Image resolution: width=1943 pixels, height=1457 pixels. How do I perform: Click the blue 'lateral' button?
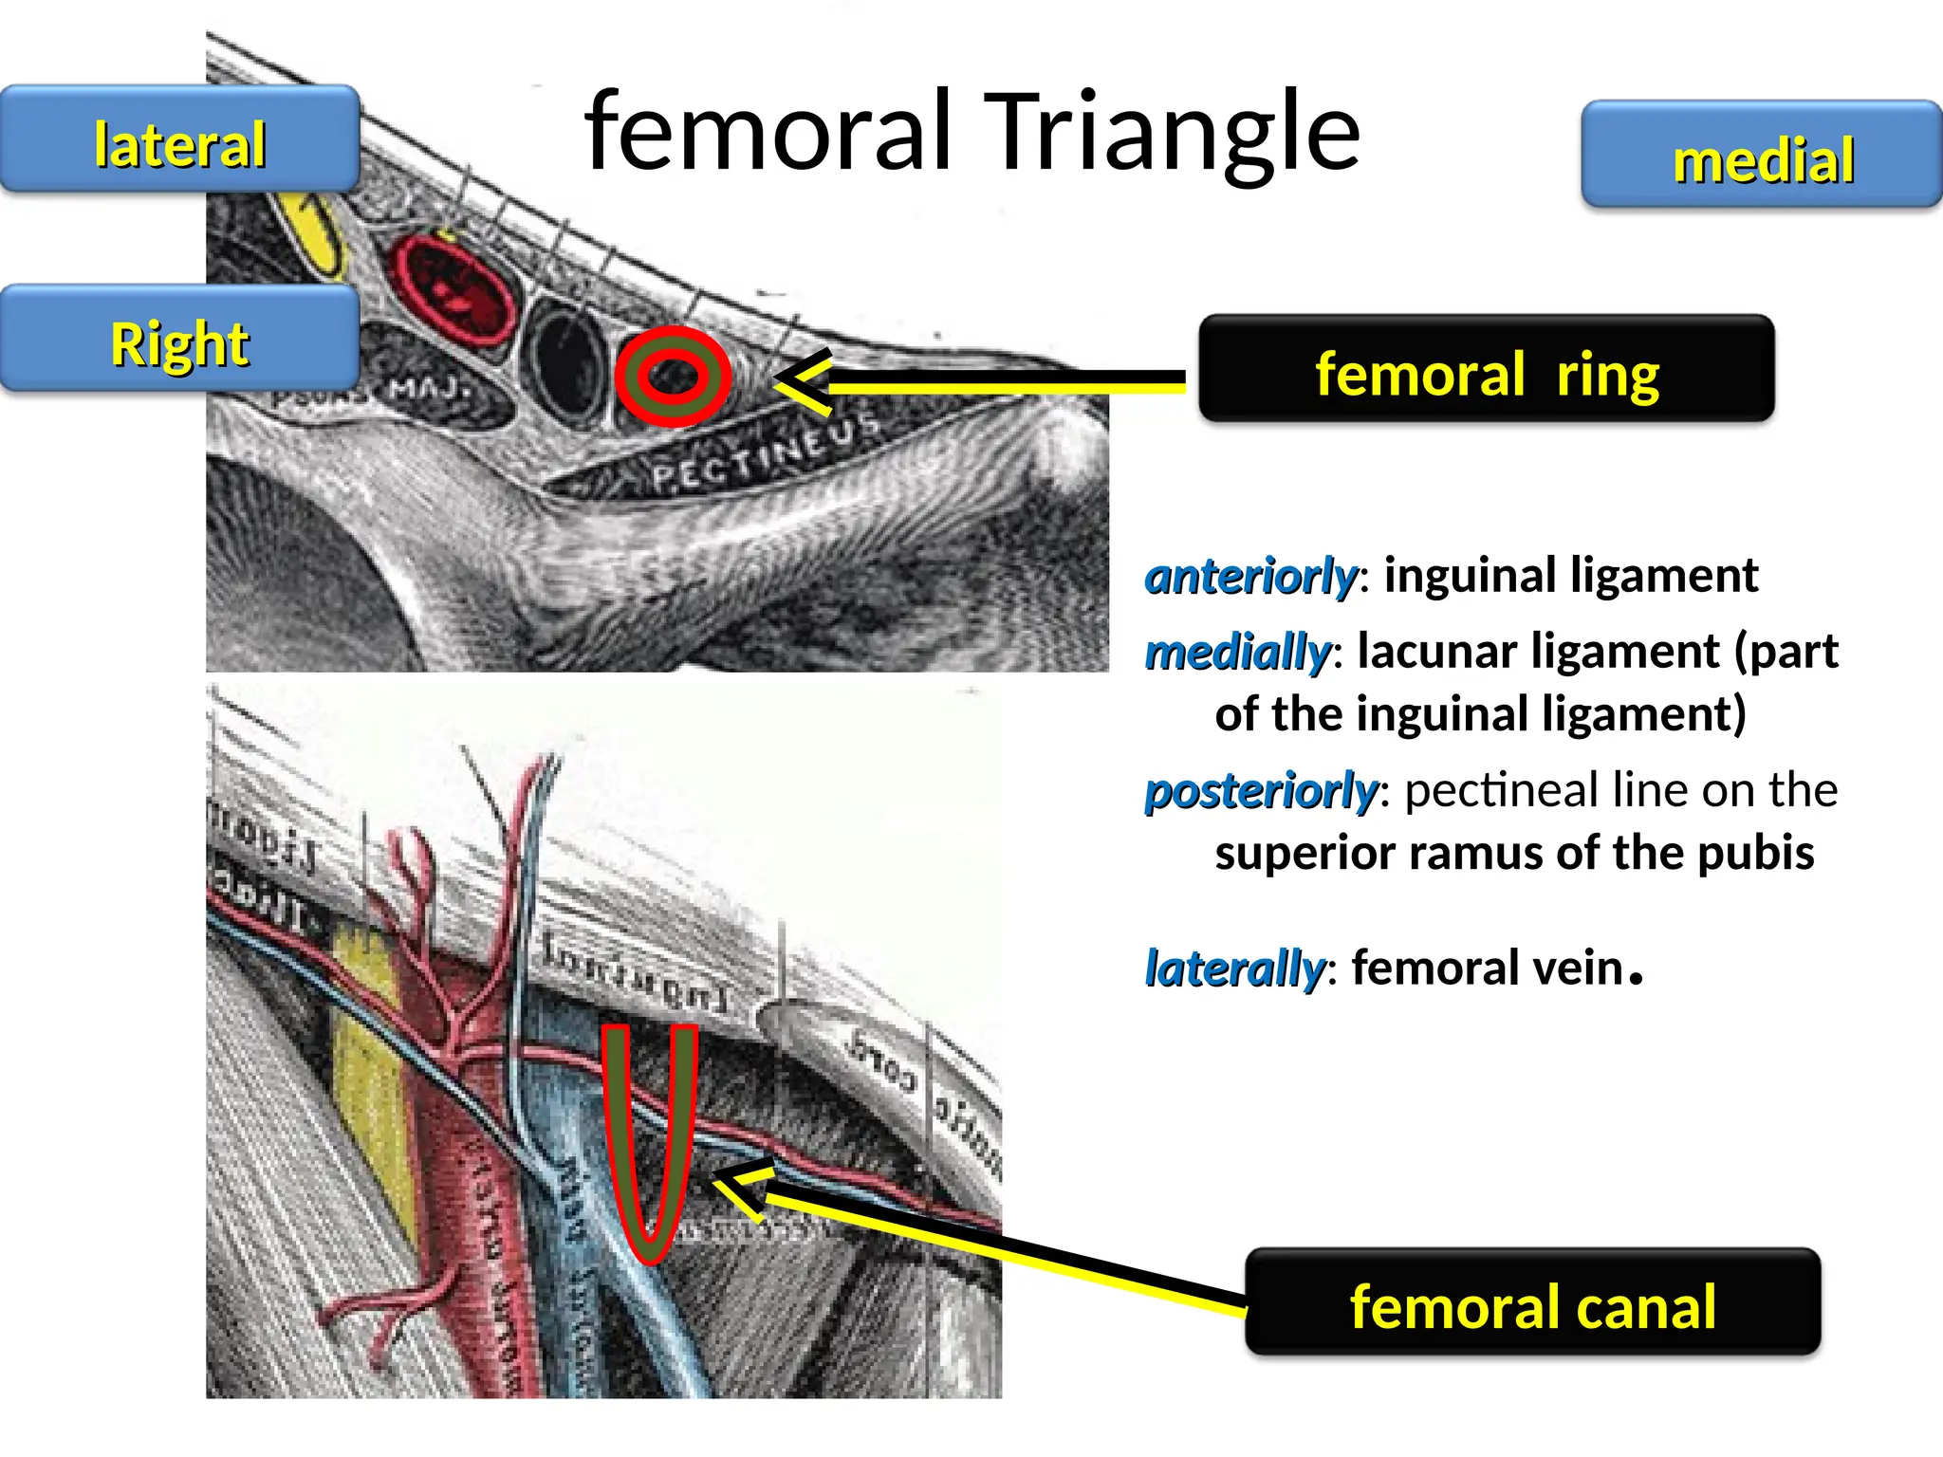179,139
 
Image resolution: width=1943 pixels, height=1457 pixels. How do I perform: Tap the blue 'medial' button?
1762,156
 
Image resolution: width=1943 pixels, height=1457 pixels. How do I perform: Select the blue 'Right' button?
179,339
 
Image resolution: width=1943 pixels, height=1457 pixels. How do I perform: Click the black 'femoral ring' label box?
1486,370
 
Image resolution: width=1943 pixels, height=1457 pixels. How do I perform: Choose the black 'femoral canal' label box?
1532,1302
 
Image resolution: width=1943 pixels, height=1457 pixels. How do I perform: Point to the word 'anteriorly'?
1251,576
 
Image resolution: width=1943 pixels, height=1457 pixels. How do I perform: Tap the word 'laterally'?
1234,968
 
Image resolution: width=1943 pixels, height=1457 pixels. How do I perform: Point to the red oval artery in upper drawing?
454,288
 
